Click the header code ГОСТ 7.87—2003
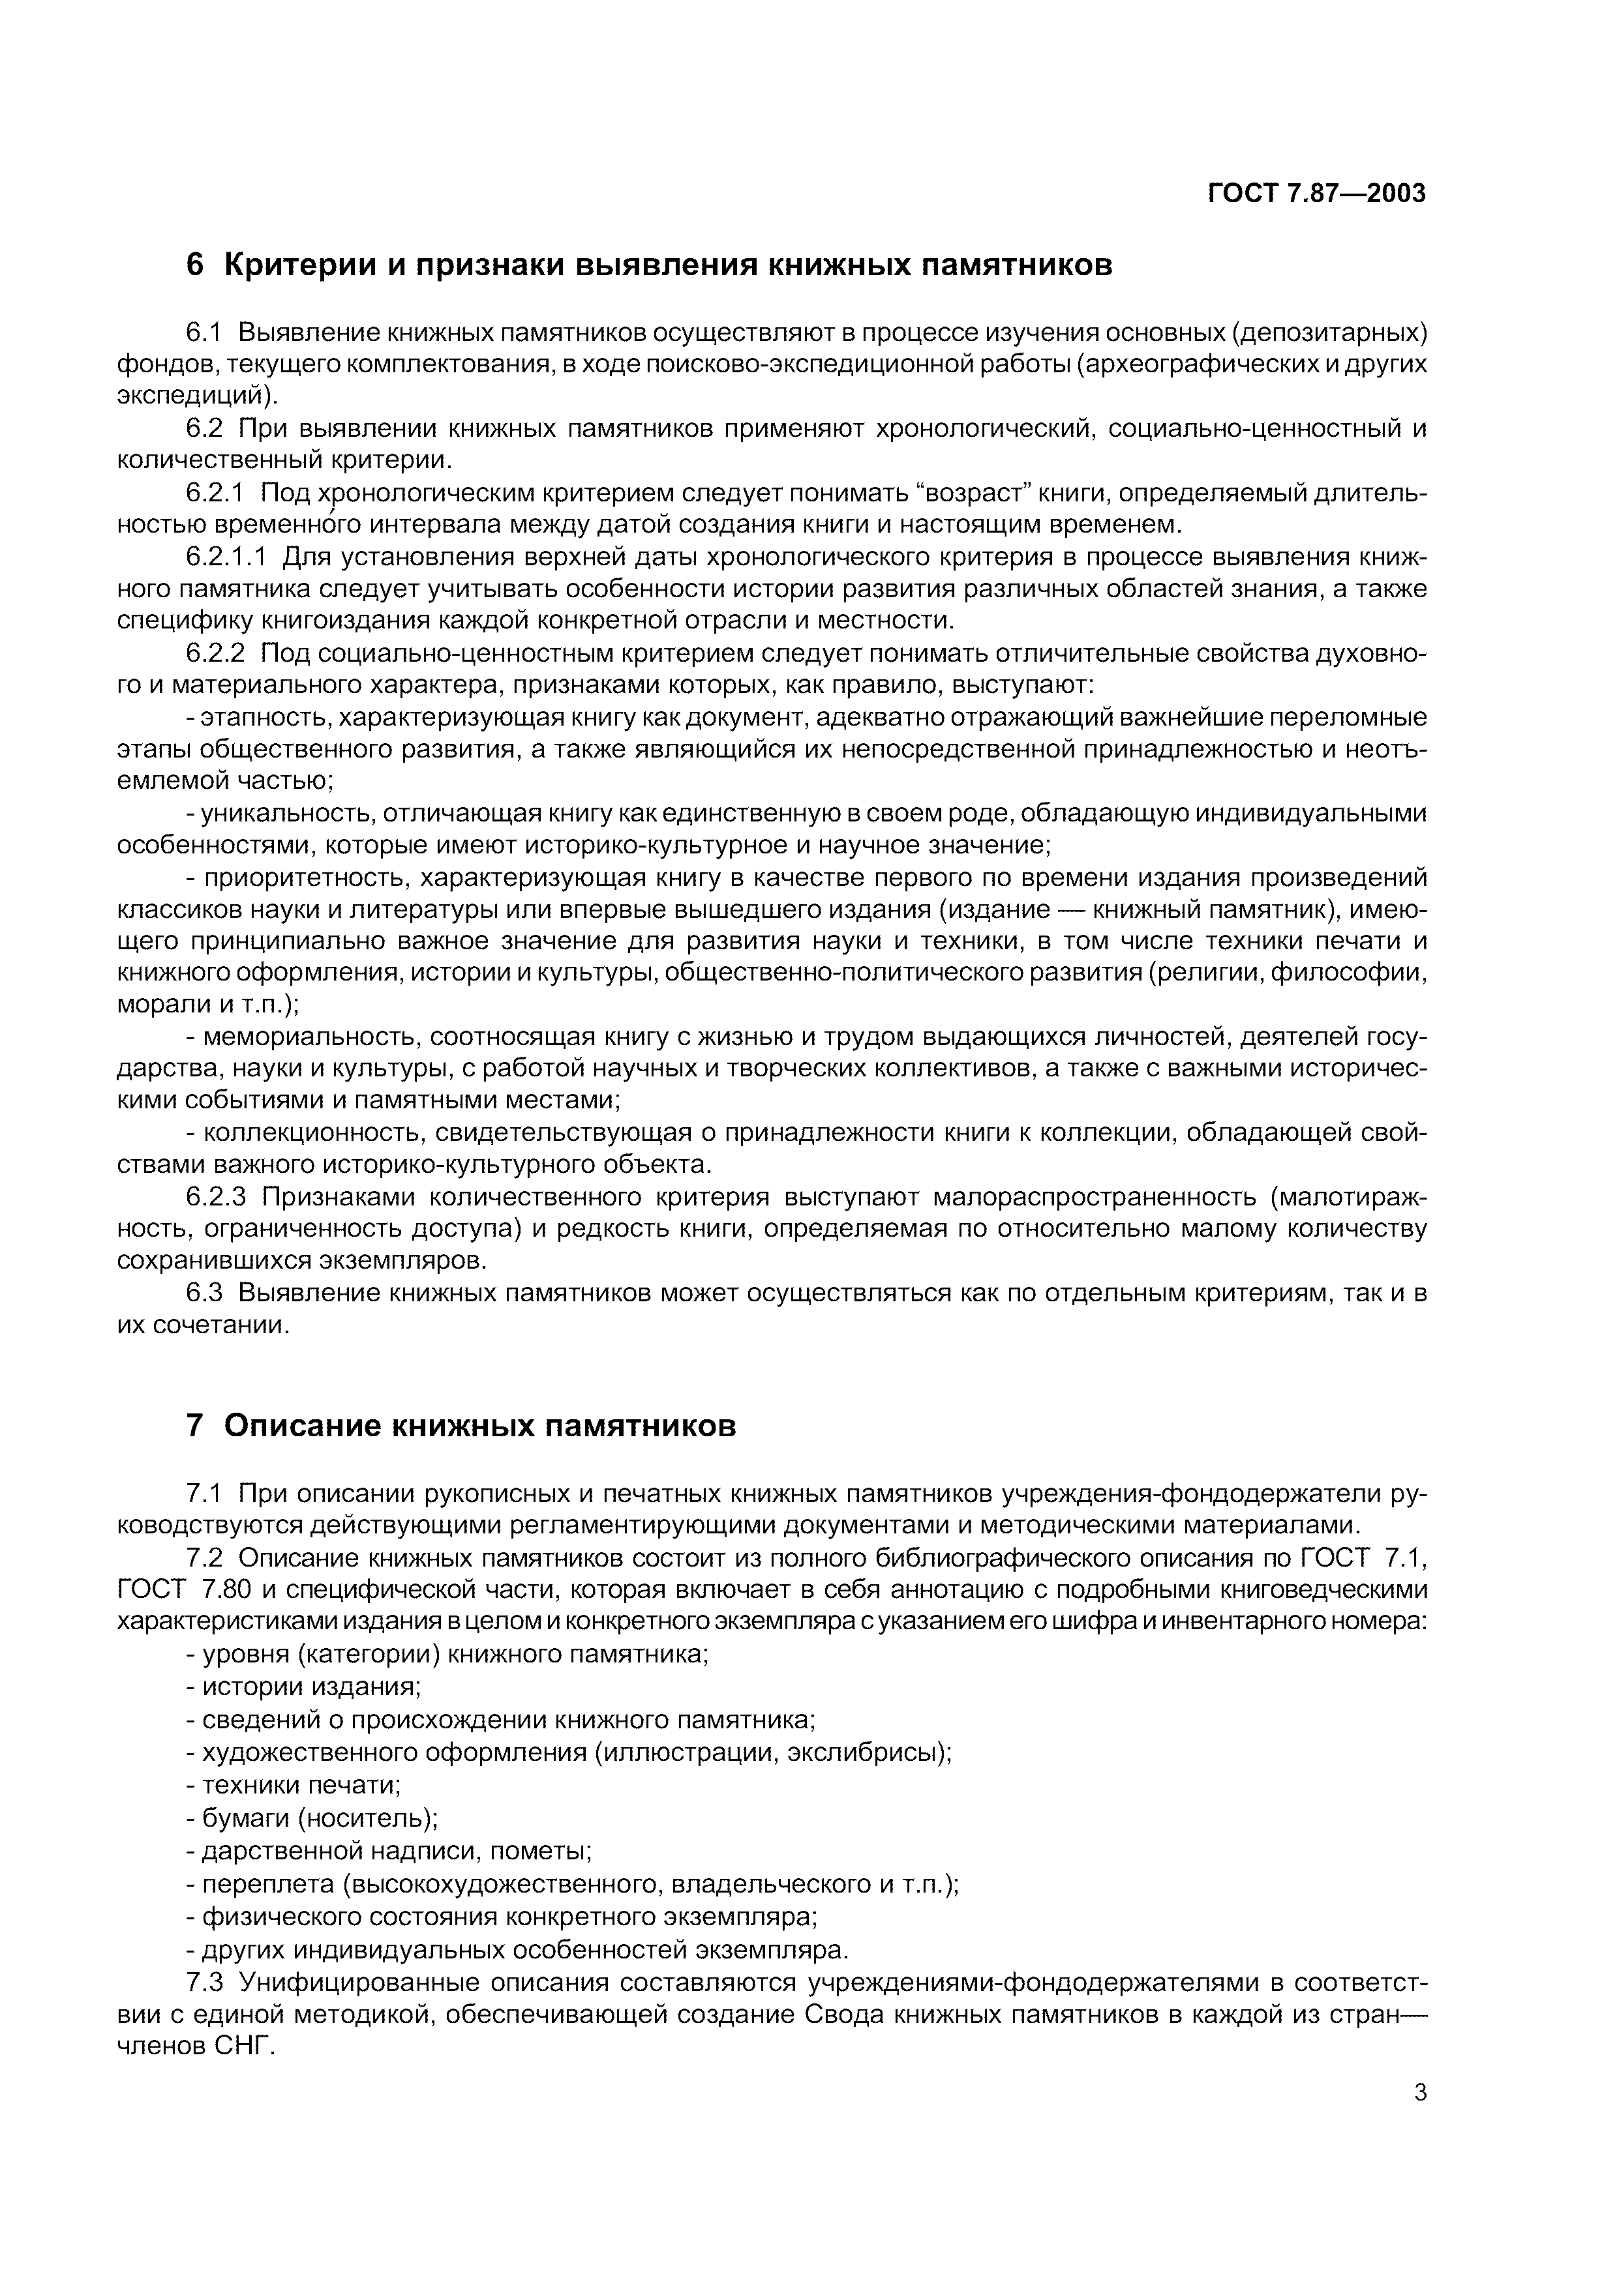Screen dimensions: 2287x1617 coord(1316,193)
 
